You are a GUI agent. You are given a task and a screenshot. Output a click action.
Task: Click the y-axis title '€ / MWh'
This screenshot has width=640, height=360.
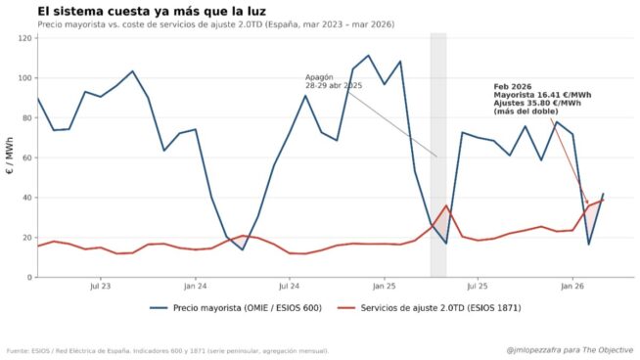click(x=9, y=157)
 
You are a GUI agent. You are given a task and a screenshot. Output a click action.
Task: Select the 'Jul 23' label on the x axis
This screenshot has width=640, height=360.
click(x=100, y=287)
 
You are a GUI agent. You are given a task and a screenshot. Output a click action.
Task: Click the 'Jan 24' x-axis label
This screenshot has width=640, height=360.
click(x=195, y=287)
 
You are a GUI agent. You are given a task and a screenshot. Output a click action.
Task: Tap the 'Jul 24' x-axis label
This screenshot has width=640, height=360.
click(x=289, y=287)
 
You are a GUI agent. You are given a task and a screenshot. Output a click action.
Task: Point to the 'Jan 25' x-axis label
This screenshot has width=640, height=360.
click(x=384, y=287)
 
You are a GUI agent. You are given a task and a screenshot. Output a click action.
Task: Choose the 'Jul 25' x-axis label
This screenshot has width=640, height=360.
click(x=478, y=287)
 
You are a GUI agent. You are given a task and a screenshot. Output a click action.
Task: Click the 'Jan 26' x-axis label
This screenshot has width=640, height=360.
click(x=572, y=287)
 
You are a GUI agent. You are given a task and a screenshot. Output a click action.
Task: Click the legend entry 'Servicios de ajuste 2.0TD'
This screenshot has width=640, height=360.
click(x=424, y=308)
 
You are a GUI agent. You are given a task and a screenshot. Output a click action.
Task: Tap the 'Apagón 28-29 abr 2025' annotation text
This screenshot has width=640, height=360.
click(x=334, y=81)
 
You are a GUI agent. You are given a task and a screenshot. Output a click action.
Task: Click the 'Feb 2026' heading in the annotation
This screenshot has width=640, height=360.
click(x=511, y=86)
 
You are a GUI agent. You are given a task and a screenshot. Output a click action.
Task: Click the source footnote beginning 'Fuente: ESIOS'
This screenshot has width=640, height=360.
click(x=167, y=350)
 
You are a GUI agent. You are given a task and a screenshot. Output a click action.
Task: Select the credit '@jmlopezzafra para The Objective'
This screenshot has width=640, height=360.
click(x=571, y=349)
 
